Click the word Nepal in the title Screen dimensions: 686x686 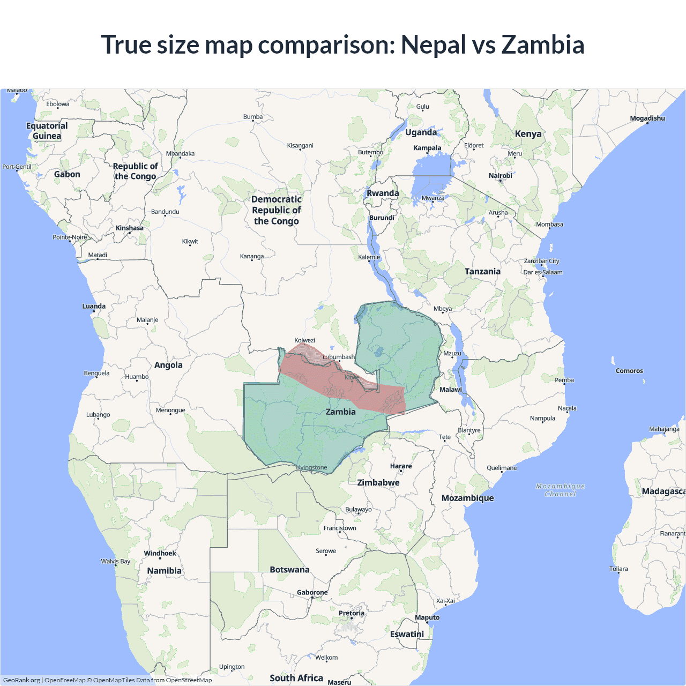[x=434, y=45]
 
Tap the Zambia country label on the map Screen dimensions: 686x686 [x=340, y=412]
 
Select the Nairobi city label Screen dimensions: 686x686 [x=500, y=176]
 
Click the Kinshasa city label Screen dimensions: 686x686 [x=129, y=228]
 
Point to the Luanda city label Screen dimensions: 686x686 [x=94, y=307]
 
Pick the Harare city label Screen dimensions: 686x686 [x=401, y=466]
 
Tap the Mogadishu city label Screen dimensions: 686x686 [x=647, y=118]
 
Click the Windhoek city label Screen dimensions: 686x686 [x=160, y=553]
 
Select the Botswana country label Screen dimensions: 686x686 [x=289, y=570]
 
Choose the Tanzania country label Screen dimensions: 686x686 [x=482, y=272]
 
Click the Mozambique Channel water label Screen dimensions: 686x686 [x=560, y=490]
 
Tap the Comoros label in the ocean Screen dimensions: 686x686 [x=629, y=371]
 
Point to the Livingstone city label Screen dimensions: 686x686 [x=312, y=468]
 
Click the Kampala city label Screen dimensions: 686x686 [x=427, y=148]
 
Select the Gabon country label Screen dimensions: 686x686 [x=67, y=174]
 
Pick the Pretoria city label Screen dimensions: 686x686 [x=352, y=613]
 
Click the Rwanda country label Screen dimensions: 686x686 [x=383, y=193]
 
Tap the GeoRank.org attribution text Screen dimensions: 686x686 [x=21, y=680]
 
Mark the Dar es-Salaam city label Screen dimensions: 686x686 [x=543, y=272]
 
